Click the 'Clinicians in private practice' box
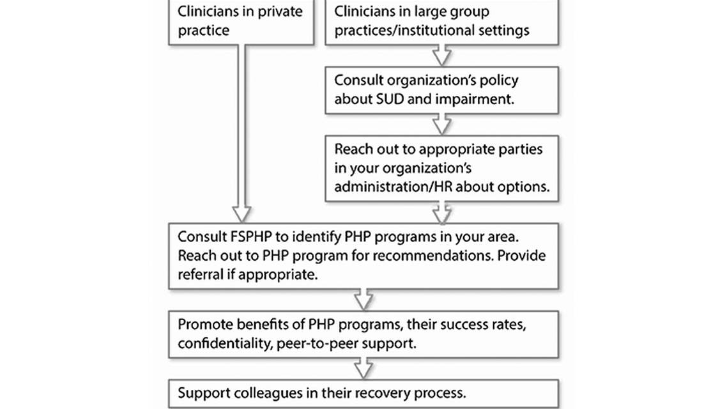[241, 22]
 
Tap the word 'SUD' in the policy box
[392, 99]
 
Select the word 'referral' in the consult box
[201, 275]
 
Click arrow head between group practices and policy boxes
[441, 56]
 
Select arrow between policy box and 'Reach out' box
[441, 124]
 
